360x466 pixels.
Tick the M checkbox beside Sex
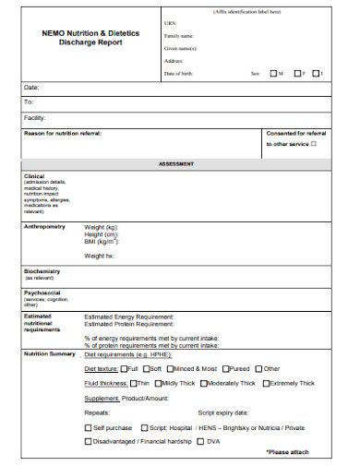(x=273, y=73)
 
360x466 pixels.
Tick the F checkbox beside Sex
(x=298, y=73)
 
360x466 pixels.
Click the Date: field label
(x=30, y=87)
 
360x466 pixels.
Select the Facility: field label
(x=34, y=117)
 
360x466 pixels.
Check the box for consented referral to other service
(x=313, y=143)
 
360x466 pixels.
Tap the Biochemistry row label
(x=42, y=271)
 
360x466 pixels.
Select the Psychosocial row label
(x=42, y=293)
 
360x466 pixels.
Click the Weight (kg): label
(x=102, y=226)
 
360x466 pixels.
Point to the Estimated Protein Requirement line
(x=129, y=325)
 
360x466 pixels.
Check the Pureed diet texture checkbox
(x=224, y=368)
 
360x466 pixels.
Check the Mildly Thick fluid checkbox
(x=156, y=382)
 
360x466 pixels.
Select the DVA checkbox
(x=200, y=442)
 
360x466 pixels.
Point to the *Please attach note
(x=288, y=453)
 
